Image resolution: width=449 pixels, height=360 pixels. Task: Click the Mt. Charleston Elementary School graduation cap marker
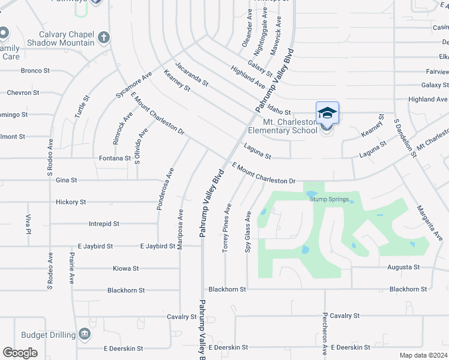coord(327,113)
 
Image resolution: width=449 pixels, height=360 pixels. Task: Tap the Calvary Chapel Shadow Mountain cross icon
coord(104,38)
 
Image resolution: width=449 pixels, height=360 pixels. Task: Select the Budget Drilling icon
coord(84,334)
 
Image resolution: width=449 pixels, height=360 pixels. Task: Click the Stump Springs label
coord(328,199)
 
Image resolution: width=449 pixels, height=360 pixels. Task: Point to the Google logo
coord(20,353)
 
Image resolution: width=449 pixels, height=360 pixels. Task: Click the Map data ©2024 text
coord(423,355)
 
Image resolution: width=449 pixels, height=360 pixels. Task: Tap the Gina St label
coord(66,180)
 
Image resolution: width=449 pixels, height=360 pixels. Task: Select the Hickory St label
coord(71,202)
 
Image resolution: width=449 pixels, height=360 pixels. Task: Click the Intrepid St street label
coord(104,224)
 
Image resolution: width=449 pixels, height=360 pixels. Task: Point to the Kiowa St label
coord(126,268)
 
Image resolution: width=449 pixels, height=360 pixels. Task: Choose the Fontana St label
coord(115,158)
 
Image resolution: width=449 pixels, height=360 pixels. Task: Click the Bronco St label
coord(35,71)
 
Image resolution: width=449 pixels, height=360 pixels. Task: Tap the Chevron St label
coord(23,93)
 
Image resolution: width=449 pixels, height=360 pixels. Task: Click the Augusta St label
coord(403,267)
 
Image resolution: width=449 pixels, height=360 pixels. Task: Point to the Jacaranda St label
coord(191,74)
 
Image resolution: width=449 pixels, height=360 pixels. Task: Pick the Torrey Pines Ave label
coord(228,227)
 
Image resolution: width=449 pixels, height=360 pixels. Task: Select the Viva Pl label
coord(28,223)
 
